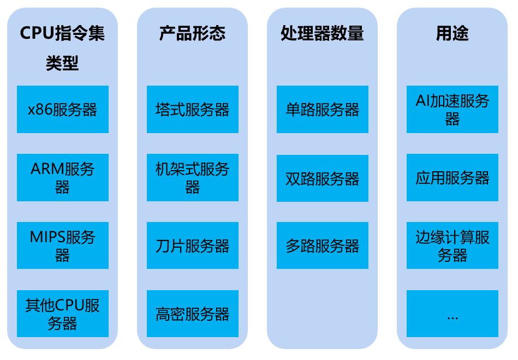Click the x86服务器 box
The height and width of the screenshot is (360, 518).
(x=62, y=109)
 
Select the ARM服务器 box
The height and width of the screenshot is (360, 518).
(x=62, y=177)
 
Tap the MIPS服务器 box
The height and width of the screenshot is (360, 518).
(x=62, y=245)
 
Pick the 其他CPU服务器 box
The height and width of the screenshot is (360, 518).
(x=62, y=314)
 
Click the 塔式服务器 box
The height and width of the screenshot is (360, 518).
(x=192, y=109)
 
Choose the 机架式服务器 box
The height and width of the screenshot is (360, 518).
(x=192, y=177)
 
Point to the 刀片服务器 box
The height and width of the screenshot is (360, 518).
(x=192, y=245)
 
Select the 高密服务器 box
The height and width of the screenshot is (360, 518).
(x=192, y=314)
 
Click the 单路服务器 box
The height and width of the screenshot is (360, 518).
(x=322, y=109)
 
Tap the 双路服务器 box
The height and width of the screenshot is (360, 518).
(x=322, y=177)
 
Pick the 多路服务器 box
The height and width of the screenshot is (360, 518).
(x=322, y=245)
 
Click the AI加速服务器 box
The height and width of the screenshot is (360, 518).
(x=452, y=109)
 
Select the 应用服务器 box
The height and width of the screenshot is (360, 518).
(x=452, y=177)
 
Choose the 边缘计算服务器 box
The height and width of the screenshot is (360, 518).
(x=452, y=245)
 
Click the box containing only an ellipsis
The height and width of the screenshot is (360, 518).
(x=452, y=314)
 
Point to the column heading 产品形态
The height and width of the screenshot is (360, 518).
(x=192, y=34)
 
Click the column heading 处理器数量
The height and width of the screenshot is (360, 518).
(x=322, y=34)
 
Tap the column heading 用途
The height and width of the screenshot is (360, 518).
(x=452, y=34)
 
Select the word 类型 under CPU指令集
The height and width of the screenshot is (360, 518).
(x=62, y=64)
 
